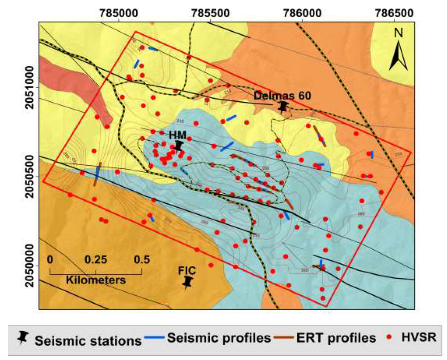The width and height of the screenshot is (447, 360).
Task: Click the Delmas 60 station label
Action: pos(283,95)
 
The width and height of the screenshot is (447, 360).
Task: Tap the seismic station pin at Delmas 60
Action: pos(283,107)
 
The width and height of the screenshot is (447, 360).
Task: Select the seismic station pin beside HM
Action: pos(180,146)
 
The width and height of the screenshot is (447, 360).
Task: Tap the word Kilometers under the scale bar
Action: pos(96,280)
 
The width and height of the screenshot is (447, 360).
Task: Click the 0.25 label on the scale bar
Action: pos(95,259)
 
